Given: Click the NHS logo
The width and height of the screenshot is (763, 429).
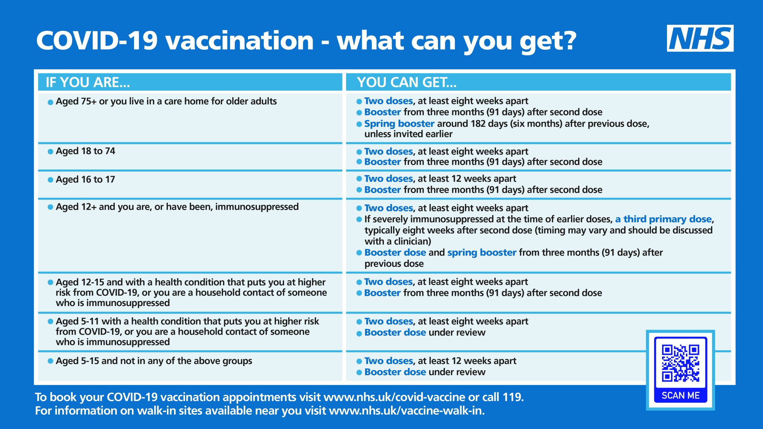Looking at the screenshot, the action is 700,38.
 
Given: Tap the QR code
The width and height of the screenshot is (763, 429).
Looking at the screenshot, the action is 680,363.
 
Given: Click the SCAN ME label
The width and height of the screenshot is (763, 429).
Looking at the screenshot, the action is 680,395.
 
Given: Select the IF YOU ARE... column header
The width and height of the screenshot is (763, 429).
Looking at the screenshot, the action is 88,82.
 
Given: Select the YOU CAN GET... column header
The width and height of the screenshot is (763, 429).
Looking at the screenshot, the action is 407,82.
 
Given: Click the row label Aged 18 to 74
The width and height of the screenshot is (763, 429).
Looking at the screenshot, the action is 85,151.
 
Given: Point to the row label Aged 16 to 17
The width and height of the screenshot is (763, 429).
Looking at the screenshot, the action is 85,179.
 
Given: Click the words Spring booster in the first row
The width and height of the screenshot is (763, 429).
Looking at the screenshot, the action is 399,124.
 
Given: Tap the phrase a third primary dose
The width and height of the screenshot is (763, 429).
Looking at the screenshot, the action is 663,219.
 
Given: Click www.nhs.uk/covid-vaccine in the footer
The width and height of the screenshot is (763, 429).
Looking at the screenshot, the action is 394,397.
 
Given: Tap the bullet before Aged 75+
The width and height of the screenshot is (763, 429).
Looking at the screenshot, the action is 50,102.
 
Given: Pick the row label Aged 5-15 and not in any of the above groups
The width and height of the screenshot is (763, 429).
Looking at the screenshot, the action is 154,361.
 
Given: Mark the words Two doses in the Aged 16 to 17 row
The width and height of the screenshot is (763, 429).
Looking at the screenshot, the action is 389,178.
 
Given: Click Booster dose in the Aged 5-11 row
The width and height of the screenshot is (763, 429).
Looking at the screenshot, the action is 395,332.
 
